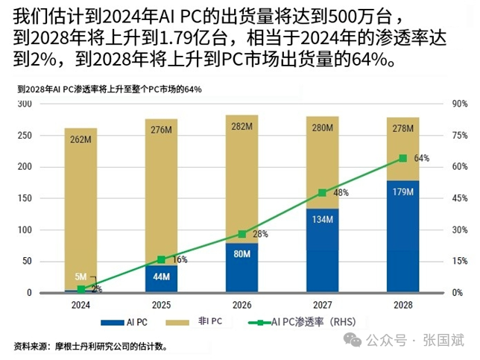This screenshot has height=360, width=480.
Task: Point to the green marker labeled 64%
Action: click(403, 158)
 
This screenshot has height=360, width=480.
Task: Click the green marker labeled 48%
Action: click(322, 192)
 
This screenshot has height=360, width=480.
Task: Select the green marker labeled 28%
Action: click(241, 234)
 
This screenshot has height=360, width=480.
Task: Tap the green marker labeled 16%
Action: click(161, 259)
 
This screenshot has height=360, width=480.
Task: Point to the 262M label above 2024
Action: click(80, 139)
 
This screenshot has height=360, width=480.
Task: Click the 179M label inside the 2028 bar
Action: click(403, 192)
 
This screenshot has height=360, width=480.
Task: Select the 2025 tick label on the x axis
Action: click(161, 305)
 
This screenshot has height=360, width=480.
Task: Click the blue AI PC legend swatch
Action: click(113, 323)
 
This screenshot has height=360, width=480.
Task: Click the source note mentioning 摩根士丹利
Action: click(90, 346)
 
